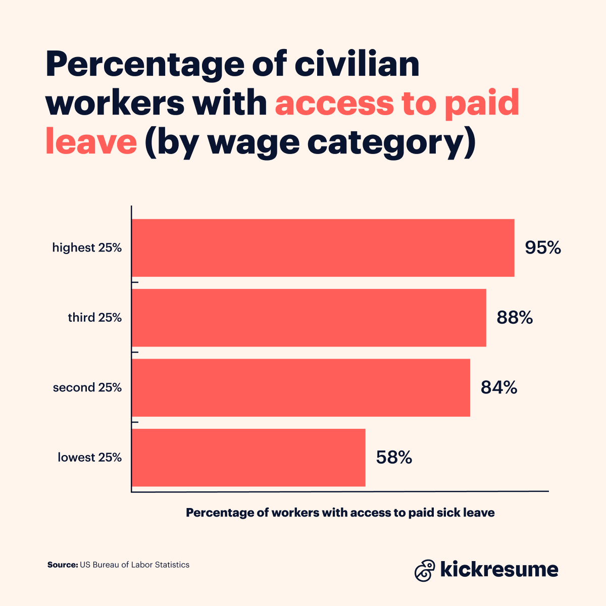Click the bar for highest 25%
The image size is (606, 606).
coord(323,248)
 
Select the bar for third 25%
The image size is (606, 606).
coord(309,318)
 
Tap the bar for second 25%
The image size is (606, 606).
coord(301,387)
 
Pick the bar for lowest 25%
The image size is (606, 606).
coord(248,458)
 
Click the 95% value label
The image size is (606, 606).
coord(543,248)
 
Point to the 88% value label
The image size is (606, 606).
coord(515,318)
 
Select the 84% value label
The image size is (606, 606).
coord(499,387)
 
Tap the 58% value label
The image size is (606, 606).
coord(394,458)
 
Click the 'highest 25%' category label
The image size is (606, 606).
coord(87,248)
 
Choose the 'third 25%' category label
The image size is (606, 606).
coord(95,318)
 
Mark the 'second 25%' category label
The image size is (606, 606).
coord(87,387)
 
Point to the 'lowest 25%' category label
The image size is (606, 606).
coord(89,458)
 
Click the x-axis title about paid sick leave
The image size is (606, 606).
coord(340,513)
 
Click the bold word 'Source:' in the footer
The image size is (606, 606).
coord(63,565)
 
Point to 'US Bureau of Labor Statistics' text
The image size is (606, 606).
coord(134,565)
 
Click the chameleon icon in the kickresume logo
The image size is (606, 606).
coord(425,570)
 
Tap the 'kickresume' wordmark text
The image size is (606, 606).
coord(499,569)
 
